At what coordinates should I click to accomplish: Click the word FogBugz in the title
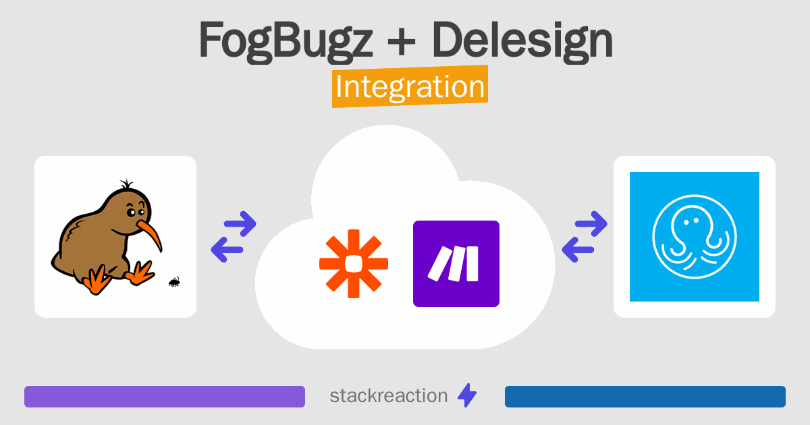(x=286, y=40)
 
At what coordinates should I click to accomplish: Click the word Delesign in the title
(x=522, y=40)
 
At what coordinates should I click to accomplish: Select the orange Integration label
(x=410, y=86)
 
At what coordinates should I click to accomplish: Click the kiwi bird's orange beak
(x=150, y=234)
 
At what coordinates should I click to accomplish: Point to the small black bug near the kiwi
(x=174, y=282)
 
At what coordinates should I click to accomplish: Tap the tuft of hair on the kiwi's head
(x=126, y=184)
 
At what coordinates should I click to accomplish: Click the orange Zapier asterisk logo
(x=354, y=264)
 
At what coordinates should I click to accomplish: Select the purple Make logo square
(x=456, y=264)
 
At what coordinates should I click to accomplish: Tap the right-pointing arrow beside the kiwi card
(x=240, y=223)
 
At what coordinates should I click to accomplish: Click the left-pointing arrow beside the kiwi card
(x=227, y=250)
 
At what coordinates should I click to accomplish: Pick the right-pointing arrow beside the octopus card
(x=591, y=223)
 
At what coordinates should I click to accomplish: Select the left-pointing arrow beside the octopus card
(x=578, y=250)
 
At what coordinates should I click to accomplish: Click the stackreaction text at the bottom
(x=389, y=396)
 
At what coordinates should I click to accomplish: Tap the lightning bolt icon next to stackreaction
(x=467, y=395)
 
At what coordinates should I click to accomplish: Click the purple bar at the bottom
(x=165, y=397)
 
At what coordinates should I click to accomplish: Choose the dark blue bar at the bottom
(x=645, y=397)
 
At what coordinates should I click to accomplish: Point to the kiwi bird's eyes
(x=136, y=212)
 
